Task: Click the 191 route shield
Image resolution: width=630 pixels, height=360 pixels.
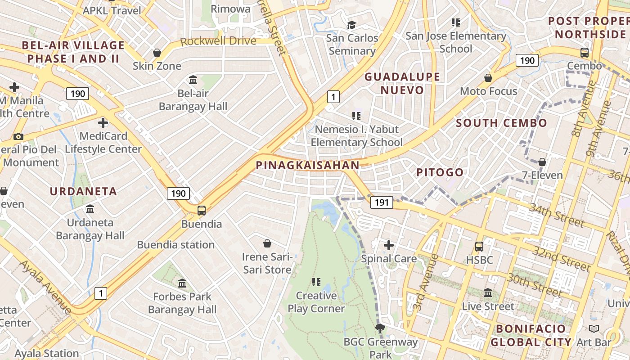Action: click(x=381, y=202)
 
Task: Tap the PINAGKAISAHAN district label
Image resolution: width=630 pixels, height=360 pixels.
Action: click(x=308, y=166)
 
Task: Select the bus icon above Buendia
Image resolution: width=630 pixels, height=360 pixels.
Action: click(x=202, y=210)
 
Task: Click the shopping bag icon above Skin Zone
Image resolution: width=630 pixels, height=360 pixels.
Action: click(x=157, y=53)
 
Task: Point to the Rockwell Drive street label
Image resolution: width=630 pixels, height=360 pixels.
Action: click(x=218, y=41)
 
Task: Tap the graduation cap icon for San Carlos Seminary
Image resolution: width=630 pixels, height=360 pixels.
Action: click(x=351, y=25)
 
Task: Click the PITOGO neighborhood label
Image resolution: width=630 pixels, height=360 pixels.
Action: click(x=440, y=172)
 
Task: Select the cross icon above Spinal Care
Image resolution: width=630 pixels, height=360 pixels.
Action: click(x=389, y=245)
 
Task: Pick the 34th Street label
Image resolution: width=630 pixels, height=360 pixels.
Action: click(x=556, y=215)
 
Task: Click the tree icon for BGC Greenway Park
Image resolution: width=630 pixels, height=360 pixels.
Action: click(x=380, y=328)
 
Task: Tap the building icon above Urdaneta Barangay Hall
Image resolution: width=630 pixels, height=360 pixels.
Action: click(x=90, y=209)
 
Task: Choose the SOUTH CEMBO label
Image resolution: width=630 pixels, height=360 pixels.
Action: click(x=501, y=123)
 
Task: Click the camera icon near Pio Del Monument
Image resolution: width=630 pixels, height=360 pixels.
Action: click(x=18, y=136)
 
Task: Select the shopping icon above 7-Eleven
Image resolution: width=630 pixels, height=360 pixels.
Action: click(x=542, y=162)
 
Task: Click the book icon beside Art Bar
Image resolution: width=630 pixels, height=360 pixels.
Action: click(x=594, y=329)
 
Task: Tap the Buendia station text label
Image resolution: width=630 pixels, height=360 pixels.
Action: click(x=175, y=245)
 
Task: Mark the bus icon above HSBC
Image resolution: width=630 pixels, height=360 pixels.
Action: click(x=479, y=247)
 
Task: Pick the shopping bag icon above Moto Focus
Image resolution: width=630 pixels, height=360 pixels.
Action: click(x=488, y=78)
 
